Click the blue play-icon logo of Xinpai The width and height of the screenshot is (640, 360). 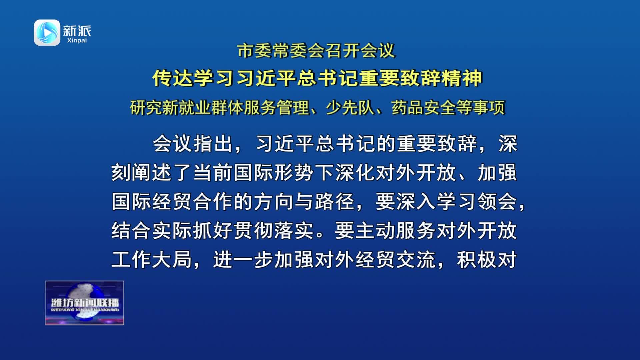[47, 33]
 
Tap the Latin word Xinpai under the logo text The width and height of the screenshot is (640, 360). [77, 40]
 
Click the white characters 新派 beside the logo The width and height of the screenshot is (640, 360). [77, 31]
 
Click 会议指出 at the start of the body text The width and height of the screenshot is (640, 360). [193, 144]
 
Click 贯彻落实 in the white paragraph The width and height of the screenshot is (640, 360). [273, 231]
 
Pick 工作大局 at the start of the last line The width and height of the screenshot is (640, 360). [152, 260]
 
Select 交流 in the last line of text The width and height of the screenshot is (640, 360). [416, 260]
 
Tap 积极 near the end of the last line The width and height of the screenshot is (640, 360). [477, 260]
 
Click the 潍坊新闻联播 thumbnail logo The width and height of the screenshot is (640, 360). [85, 303]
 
